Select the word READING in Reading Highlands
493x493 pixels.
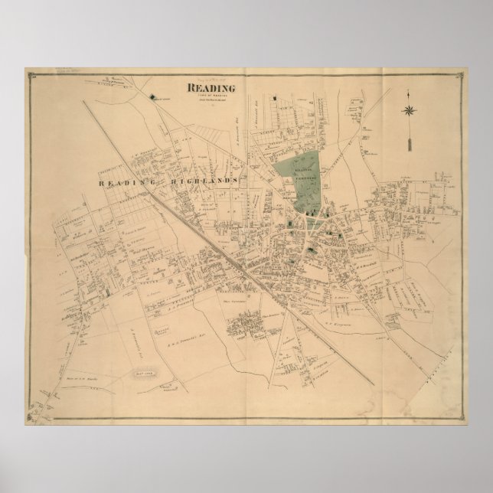123,183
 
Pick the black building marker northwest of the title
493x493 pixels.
155,97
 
